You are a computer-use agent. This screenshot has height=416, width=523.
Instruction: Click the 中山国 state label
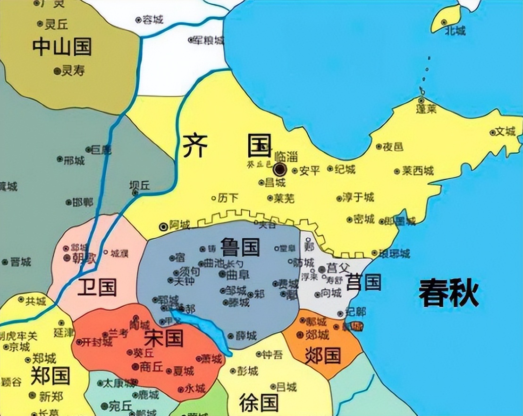coord(61,47)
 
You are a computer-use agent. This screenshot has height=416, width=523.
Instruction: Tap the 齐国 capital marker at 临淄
coord(280,169)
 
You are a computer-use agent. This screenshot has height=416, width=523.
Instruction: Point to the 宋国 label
coord(163,338)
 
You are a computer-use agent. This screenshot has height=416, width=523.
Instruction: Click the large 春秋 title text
coord(448,293)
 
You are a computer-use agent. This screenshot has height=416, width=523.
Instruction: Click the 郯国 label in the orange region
coord(323,355)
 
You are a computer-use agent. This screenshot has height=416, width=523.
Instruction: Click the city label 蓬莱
coord(426,109)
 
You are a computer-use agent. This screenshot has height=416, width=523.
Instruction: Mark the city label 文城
coord(505,132)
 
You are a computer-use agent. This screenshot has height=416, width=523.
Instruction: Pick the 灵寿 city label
coord(73,71)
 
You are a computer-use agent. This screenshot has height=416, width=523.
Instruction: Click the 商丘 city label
coord(151,366)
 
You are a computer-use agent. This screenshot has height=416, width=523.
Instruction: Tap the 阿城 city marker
coord(164,226)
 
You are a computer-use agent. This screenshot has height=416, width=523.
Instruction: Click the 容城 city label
coord(152,20)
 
